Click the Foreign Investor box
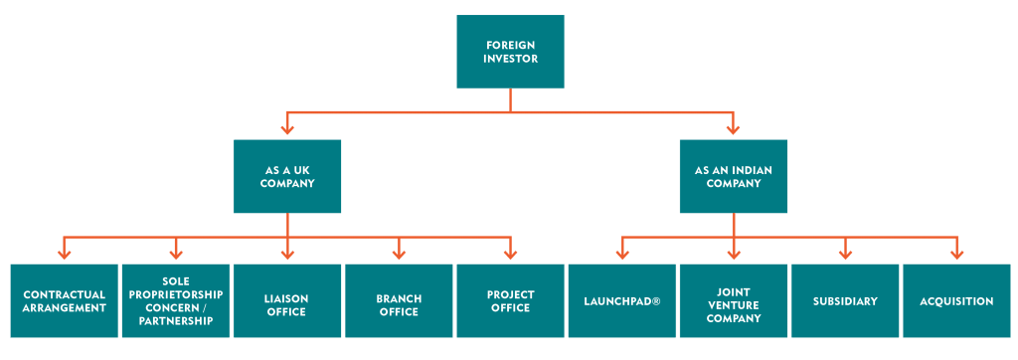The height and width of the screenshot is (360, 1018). [x=510, y=52]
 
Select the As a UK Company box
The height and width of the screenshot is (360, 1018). [x=287, y=176]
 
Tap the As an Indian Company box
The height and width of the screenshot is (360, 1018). [x=734, y=176]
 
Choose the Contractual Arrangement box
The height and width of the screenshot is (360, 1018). [x=65, y=301]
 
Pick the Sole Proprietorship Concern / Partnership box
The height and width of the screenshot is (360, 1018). [x=176, y=301]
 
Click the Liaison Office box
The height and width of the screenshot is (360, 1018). [x=287, y=301]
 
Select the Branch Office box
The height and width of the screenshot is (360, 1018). [x=399, y=301]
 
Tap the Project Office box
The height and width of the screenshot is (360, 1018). [x=510, y=301]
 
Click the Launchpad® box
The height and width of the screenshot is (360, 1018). [x=622, y=301]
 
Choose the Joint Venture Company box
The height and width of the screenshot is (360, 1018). [x=734, y=301]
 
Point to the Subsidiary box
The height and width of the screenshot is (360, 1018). [x=845, y=301]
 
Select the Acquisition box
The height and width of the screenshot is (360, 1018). [x=956, y=301]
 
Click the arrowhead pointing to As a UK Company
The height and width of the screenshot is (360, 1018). [x=287, y=127]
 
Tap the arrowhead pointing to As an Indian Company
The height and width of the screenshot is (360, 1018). [x=734, y=127]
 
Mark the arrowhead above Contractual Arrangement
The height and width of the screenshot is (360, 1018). [x=65, y=253]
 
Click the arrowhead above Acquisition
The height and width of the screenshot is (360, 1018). [x=956, y=253]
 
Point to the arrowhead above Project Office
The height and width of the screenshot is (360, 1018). [x=510, y=253]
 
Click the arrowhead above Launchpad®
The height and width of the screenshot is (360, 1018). [x=622, y=253]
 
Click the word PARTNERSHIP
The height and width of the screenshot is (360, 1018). [x=176, y=321]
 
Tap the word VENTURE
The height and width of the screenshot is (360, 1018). [x=734, y=306]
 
